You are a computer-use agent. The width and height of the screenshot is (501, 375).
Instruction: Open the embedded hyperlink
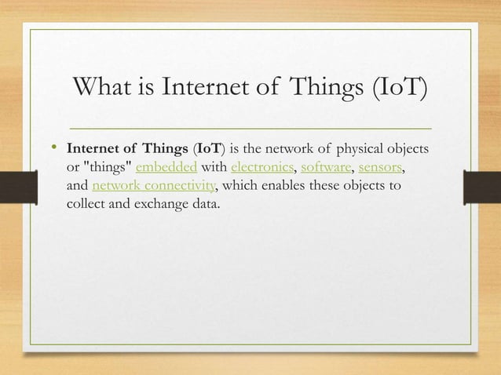[x=164, y=169]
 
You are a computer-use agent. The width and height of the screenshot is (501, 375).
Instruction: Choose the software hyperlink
[x=326, y=169]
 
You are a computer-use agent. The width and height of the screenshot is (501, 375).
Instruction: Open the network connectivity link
[x=152, y=187]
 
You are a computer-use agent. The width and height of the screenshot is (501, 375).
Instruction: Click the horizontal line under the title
[x=251, y=126]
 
